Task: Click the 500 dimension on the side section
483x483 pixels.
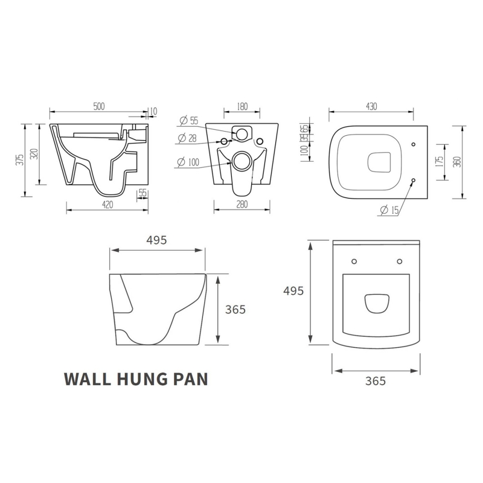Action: point(99,106)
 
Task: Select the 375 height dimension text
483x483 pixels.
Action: point(21,160)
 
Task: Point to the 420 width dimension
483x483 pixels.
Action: point(107,205)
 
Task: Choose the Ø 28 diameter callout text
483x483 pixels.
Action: point(188,139)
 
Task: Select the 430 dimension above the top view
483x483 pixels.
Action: point(371,106)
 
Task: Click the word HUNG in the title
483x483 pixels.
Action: point(135,379)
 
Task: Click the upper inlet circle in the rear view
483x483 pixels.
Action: point(242,132)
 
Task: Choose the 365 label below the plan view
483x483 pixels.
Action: point(375,381)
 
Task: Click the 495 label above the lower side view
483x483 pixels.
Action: point(156,240)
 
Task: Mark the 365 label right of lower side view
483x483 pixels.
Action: point(235,309)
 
